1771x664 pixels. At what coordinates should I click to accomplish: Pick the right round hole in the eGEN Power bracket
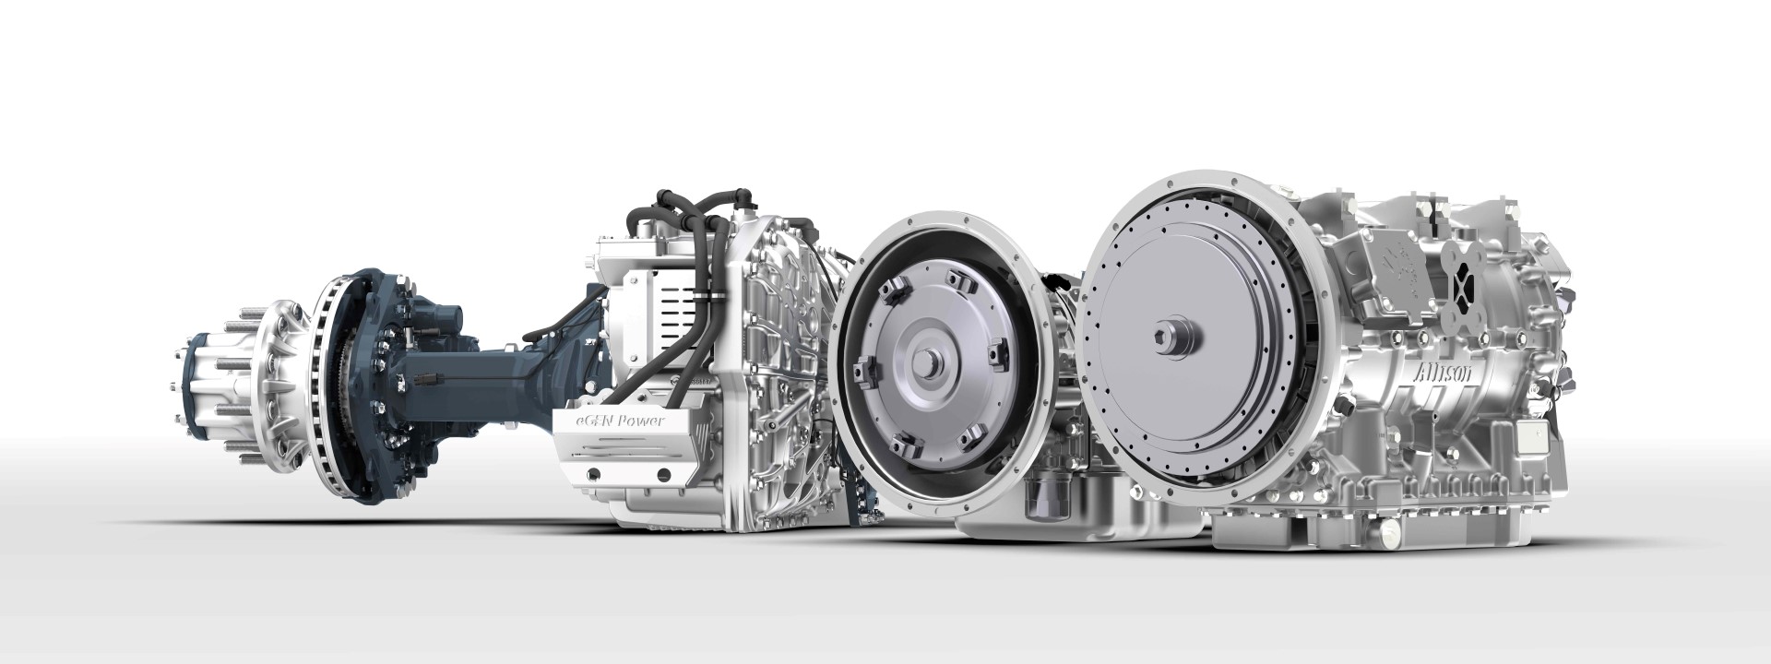click(661, 474)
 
